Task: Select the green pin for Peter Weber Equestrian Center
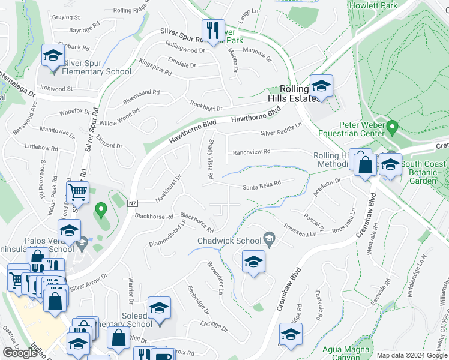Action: (x=393, y=127)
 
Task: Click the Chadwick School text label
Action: (x=230, y=241)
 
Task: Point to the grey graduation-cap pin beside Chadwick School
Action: (x=270, y=241)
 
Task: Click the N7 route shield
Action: (x=132, y=203)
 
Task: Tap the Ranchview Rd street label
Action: (x=252, y=152)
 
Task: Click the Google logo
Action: (x=20, y=352)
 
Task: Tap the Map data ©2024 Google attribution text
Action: (x=411, y=355)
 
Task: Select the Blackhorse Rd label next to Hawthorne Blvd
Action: (x=154, y=216)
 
